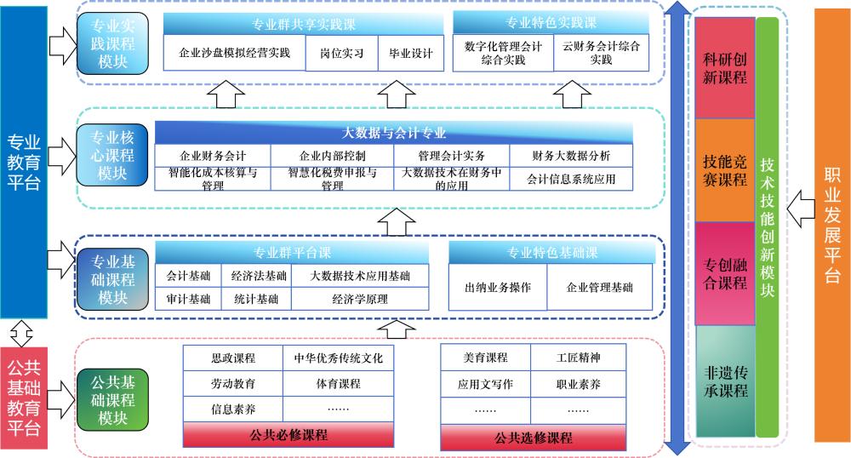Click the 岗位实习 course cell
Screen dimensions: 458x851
[x=341, y=54]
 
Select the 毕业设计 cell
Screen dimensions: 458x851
[x=411, y=54]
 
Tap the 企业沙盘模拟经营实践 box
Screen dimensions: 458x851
[x=235, y=54]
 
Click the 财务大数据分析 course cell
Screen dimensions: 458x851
[x=571, y=157]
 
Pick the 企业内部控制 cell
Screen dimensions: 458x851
[x=333, y=157]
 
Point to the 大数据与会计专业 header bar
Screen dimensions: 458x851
[x=394, y=133]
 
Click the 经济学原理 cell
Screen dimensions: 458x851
[x=360, y=299]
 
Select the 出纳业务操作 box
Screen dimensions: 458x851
[x=498, y=288]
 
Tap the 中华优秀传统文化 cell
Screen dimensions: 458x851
[x=338, y=358]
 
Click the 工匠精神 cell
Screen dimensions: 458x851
[x=579, y=358]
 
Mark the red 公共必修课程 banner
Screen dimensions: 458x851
[x=288, y=435]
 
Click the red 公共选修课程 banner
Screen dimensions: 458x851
[x=534, y=438]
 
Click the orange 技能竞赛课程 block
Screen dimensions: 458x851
[x=725, y=169]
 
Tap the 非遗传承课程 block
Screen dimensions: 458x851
[x=725, y=381]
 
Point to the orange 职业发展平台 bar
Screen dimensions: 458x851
[x=832, y=226]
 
